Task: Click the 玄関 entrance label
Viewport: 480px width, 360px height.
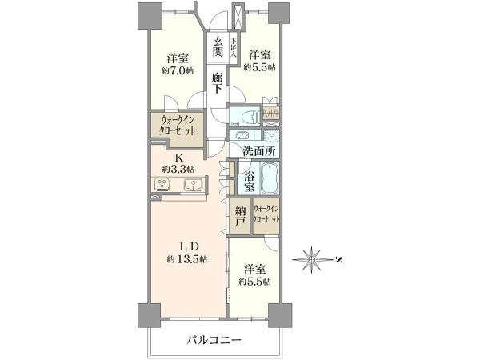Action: click(x=218, y=46)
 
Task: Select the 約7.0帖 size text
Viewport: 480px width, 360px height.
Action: click(x=178, y=71)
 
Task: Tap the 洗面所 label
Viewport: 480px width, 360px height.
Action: click(x=259, y=151)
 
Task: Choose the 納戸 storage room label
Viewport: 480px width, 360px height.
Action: click(x=240, y=216)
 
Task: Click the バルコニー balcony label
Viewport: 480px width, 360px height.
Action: click(x=214, y=339)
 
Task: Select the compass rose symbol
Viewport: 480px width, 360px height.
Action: click(x=312, y=259)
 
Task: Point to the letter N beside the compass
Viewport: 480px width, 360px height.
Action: click(x=338, y=260)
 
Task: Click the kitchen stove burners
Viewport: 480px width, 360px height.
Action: click(x=162, y=184)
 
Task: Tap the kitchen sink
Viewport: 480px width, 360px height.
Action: click(x=193, y=185)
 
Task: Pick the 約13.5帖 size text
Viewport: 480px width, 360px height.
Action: click(x=186, y=259)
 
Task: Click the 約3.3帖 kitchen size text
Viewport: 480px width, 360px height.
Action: click(x=178, y=169)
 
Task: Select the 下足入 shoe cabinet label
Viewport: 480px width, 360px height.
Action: click(x=234, y=48)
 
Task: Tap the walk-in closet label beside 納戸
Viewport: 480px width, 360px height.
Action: click(x=266, y=214)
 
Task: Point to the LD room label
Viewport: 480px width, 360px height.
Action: click(x=189, y=246)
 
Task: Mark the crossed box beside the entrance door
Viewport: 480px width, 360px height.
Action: click(x=238, y=17)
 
